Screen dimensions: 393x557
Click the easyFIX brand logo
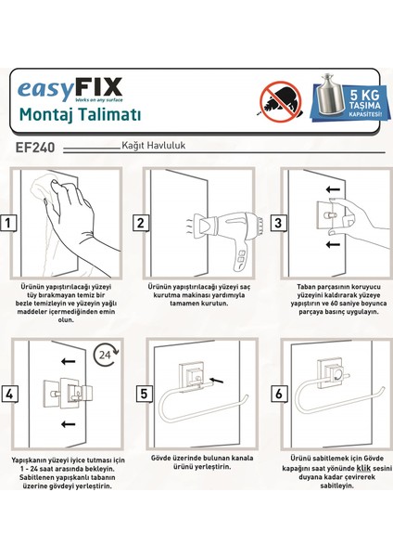pos(70,89)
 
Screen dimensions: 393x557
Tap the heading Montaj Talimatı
pos(80,114)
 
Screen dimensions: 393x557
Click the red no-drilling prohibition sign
pos(281,102)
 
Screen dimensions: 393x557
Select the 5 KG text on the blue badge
pos(364,96)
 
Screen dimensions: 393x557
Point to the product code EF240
pos(35,148)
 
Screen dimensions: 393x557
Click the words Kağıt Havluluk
pos(153,146)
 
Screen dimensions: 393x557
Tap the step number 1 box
pos(8,223)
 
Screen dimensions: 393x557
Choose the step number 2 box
pos(141,223)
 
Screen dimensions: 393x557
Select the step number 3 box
pos(278,223)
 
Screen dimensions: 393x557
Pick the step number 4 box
pos(9,394)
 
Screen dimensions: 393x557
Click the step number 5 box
pos(144,394)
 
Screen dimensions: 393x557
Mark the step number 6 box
pos(279,394)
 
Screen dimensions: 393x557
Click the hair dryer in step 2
pos(228,235)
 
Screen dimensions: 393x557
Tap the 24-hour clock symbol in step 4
pos(107,355)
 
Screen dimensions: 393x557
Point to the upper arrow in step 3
pos(333,188)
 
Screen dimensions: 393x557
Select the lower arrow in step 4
pos(68,424)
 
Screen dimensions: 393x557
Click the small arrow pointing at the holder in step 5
pos(216,380)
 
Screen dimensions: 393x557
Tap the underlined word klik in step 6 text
pos(363,468)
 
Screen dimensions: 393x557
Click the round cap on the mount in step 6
pos(337,374)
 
